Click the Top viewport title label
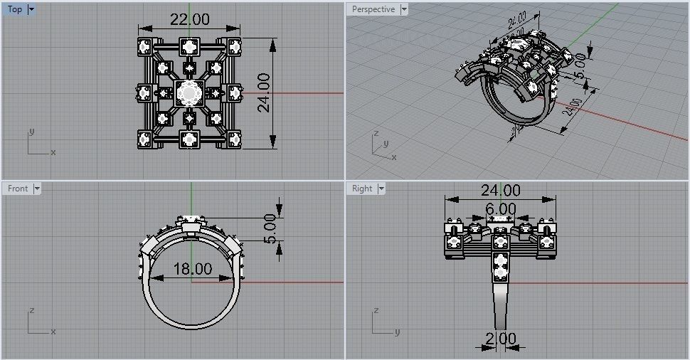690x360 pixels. [x=15, y=9]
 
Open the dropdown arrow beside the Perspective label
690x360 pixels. [x=404, y=9]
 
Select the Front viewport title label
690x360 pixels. [x=18, y=189]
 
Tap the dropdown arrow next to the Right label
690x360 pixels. [x=381, y=189]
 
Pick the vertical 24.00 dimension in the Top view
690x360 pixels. [x=264, y=92]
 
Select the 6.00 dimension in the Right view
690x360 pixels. [x=501, y=208]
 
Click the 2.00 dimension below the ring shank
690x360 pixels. [x=501, y=339]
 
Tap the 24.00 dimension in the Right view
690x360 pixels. [x=501, y=190]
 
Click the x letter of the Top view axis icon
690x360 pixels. [x=53, y=152]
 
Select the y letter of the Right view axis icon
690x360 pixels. [x=398, y=332]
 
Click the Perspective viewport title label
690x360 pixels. [x=373, y=9]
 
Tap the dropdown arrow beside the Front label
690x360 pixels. [x=37, y=189]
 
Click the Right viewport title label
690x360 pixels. [x=362, y=189]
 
